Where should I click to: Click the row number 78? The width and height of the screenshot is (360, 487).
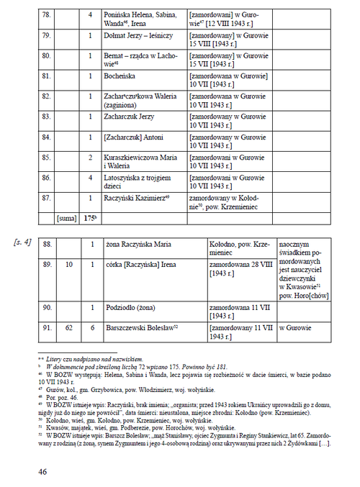(47, 14)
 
